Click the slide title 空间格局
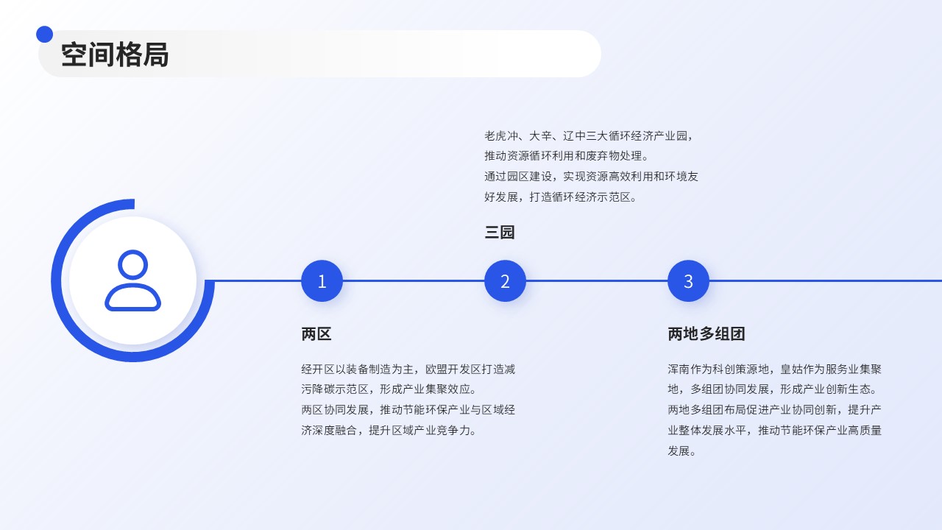coord(115,54)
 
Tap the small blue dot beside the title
coord(45,35)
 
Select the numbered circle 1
coord(322,281)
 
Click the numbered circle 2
coord(505,281)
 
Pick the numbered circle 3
coord(688,281)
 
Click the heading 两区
coord(316,334)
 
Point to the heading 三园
coord(500,232)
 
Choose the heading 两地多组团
coord(706,334)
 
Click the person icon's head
coord(133,264)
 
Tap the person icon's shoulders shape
coord(133,297)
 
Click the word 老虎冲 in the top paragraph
coord(501,136)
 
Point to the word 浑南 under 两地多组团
coord(679,370)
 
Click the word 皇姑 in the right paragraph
coord(791,370)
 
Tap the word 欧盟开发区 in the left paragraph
coord(453,370)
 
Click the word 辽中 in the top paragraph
coord(574,136)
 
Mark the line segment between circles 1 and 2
coord(414,281)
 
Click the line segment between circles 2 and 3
coord(597,281)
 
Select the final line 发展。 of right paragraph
coord(681,451)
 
